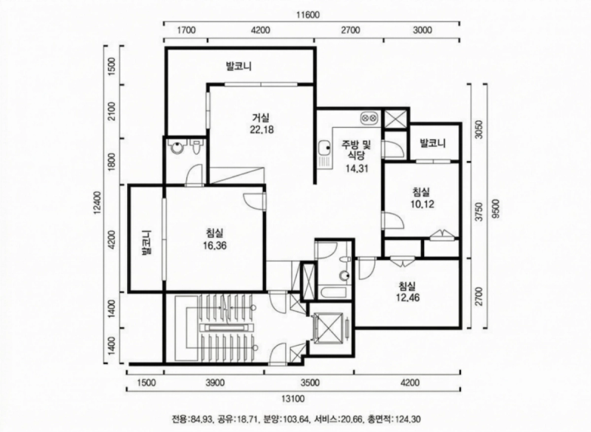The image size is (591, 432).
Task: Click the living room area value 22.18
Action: point(262,129)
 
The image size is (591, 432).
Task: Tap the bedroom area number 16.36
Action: point(216,246)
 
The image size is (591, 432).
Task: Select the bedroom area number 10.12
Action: point(422,204)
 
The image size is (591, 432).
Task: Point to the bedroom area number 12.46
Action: point(408,298)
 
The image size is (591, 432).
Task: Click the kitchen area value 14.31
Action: point(357,168)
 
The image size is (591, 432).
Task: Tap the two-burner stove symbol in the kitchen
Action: point(368,118)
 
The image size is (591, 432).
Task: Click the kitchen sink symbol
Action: point(324,153)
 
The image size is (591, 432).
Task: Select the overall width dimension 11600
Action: point(307,15)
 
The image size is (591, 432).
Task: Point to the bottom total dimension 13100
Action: point(293,399)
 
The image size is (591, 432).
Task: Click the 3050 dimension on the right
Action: point(479,130)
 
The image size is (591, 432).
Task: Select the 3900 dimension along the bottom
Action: point(215,383)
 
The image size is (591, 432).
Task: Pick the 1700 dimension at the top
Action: point(186,30)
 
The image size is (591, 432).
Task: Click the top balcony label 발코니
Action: point(239,66)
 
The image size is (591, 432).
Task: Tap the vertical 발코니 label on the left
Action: point(146,243)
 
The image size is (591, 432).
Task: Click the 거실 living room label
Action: point(261,118)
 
